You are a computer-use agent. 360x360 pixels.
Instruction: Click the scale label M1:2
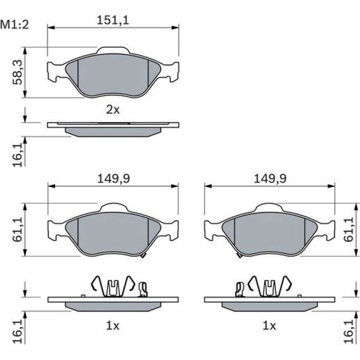[14, 25]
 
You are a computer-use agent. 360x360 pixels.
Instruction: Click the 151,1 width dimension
[113, 20]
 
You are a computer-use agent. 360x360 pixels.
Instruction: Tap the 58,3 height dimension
[18, 72]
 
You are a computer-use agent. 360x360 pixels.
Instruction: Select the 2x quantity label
[113, 110]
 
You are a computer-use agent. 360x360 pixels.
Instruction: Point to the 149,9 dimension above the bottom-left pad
[114, 179]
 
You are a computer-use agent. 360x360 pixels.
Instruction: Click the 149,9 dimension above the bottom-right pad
[270, 179]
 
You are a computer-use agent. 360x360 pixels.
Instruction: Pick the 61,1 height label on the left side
[18, 230]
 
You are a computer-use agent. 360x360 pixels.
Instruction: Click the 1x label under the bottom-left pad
[113, 325]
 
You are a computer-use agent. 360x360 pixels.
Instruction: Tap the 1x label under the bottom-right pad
[269, 325]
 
